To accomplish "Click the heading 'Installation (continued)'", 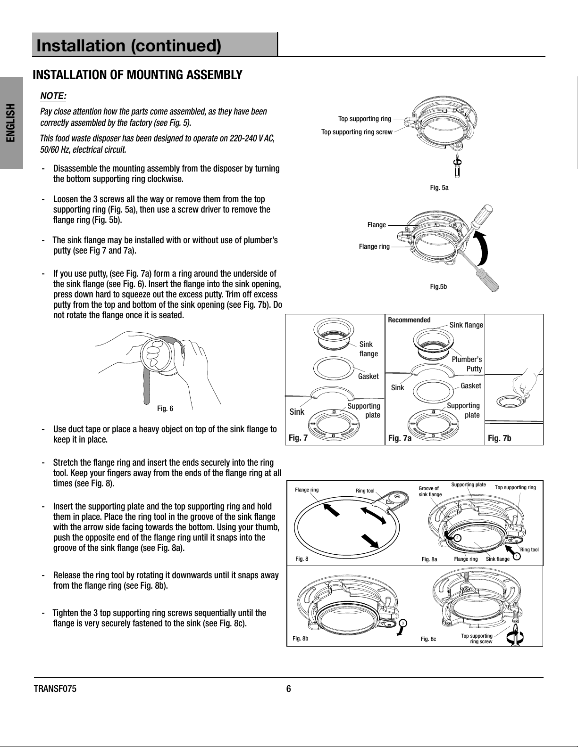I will pyautogui.click(x=129, y=46).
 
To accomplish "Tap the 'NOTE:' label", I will pyautogui.click(x=53, y=96).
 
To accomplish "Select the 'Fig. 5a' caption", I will pyautogui.click(x=439, y=188).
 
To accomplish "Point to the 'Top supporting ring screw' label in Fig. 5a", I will pyautogui.click(x=357, y=132).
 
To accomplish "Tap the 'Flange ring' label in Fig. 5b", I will pyautogui.click(x=374, y=246).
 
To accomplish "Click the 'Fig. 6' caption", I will pyautogui.click(x=165, y=408).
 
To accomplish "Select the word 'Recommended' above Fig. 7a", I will pyautogui.click(x=409, y=320).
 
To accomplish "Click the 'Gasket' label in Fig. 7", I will pyautogui.click(x=368, y=376).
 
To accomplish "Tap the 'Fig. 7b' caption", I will pyautogui.click(x=499, y=439).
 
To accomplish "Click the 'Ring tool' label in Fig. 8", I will pyautogui.click(x=365, y=491).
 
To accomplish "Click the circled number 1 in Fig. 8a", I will pyautogui.click(x=517, y=557).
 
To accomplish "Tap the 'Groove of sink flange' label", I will pyautogui.click(x=430, y=491).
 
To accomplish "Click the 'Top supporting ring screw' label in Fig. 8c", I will pyautogui.click(x=477, y=639).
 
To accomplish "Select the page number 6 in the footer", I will pyautogui.click(x=289, y=689).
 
